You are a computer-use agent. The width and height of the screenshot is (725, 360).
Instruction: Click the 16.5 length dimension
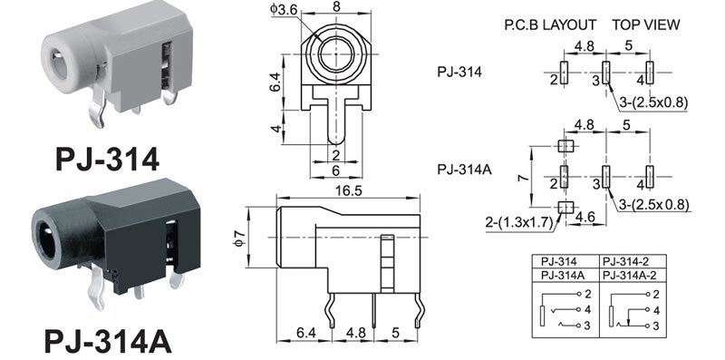click(x=349, y=191)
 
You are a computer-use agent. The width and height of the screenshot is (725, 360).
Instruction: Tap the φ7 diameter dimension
click(x=239, y=238)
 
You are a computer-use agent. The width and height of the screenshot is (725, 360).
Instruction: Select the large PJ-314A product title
click(x=108, y=342)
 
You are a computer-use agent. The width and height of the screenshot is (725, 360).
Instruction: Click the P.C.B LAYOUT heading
click(x=550, y=24)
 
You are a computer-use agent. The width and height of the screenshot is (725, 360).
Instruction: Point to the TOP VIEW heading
click(x=646, y=24)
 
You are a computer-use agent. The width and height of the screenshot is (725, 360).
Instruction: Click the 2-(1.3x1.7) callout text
click(x=518, y=222)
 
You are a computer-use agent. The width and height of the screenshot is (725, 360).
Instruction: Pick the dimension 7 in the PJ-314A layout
click(x=523, y=177)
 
